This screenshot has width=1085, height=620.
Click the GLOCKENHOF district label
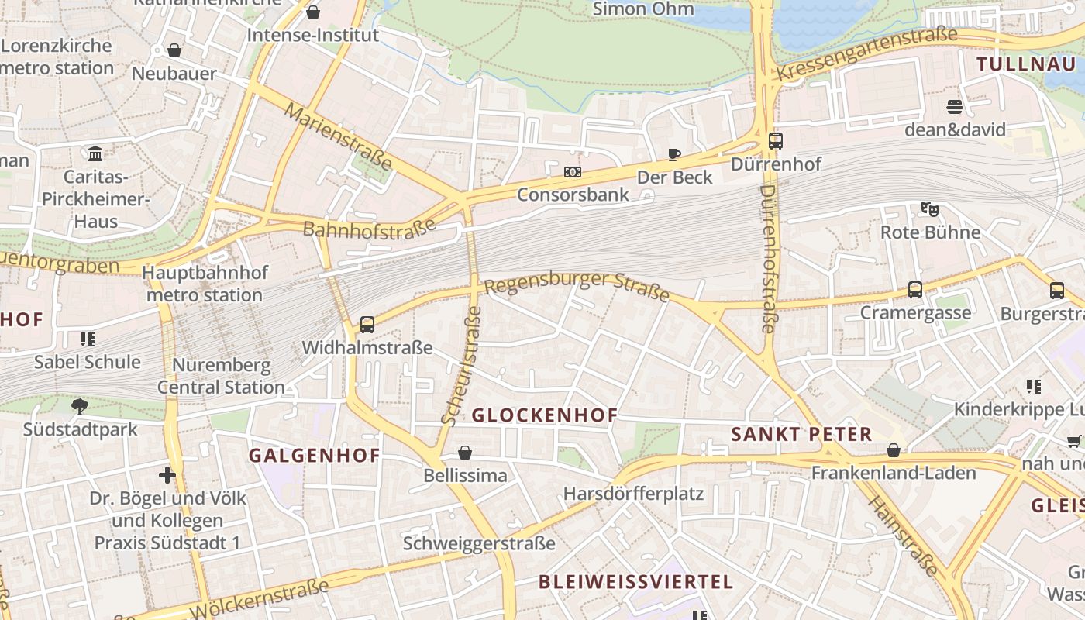(544, 415)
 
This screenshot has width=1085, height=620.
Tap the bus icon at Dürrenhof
(776, 141)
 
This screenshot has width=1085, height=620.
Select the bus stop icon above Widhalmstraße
(367, 324)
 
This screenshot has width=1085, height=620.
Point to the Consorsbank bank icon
(573, 172)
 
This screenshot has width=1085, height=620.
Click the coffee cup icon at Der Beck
(674, 154)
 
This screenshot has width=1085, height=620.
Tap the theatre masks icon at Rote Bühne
(930, 208)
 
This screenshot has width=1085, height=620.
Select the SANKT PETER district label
(801, 434)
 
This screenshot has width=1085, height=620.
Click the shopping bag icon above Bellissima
(465, 453)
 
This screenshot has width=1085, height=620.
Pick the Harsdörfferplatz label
(633, 493)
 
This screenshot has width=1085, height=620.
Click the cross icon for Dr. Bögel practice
(167, 474)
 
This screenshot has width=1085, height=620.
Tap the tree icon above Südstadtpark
(79, 406)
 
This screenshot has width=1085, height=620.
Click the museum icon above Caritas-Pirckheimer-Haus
(95, 153)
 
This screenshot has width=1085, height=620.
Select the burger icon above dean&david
(955, 106)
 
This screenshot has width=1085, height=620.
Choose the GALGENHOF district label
(315, 456)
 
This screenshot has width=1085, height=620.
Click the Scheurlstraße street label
(462, 366)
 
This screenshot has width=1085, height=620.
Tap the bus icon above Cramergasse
(915, 290)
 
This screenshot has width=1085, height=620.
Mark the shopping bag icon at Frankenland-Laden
(894, 450)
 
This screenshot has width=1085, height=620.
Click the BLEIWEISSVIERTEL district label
(635, 581)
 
